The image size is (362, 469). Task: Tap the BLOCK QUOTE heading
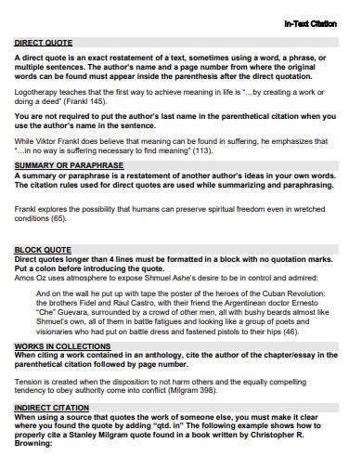point(44,250)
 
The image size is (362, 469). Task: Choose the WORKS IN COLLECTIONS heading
point(62,345)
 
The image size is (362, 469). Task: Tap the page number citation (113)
point(200,150)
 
